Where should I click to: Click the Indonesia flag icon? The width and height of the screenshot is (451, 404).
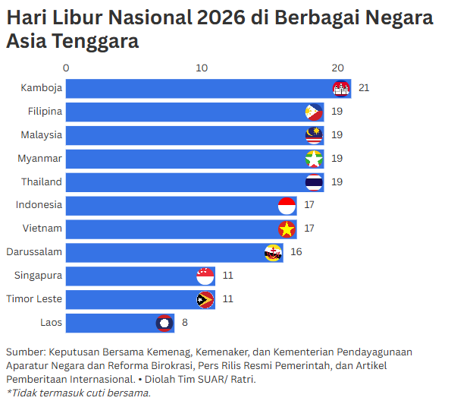coord(287,205)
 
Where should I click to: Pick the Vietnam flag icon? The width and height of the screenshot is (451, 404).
coord(287,229)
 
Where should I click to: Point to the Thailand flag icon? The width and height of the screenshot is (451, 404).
coord(314,182)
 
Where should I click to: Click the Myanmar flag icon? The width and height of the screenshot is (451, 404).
coord(314,159)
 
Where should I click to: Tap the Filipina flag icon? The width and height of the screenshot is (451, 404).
coord(314,112)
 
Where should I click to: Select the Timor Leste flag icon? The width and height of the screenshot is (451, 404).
coord(205,299)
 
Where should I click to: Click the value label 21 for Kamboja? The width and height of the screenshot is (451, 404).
coord(364,89)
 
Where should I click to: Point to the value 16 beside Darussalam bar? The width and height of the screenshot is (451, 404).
coord(296,252)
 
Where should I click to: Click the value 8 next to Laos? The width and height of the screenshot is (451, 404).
coord(184,323)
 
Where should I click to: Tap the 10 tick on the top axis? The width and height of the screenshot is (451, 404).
coord(202,68)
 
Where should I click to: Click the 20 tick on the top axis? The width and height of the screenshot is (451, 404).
coord(337,68)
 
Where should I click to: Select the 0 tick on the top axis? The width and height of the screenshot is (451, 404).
coord(67,68)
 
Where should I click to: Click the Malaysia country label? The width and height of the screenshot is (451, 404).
coord(41,135)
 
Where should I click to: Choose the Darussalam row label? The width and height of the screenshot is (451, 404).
coord(34,252)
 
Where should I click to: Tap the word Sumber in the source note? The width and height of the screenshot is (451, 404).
coord(24,352)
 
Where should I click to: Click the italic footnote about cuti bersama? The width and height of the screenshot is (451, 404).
coord(79,393)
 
